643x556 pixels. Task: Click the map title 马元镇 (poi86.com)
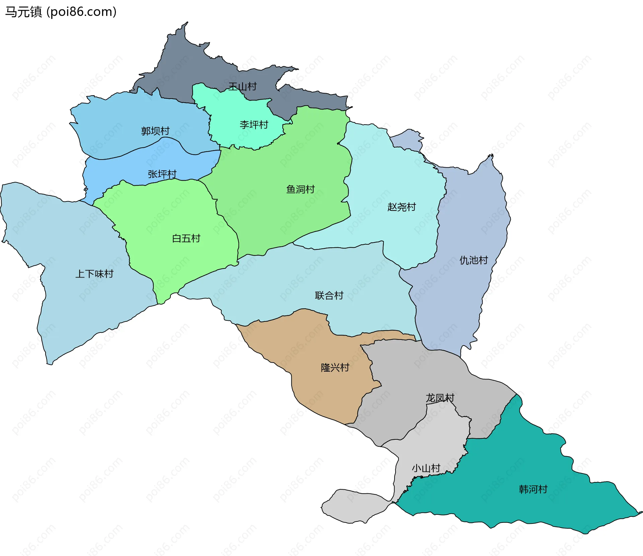point(61,12)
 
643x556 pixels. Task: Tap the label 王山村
point(242,86)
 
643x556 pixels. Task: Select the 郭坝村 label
point(155,131)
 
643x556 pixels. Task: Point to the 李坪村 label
point(254,125)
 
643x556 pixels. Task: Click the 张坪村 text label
point(162,174)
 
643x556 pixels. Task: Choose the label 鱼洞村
point(300,189)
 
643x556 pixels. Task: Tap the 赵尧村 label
point(402,207)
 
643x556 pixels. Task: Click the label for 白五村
point(186,238)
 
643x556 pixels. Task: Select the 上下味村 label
point(94,274)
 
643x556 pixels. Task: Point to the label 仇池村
point(474,260)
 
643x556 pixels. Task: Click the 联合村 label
point(329,295)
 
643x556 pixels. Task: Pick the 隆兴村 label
point(335,368)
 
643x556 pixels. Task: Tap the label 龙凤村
point(440,398)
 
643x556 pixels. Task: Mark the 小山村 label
point(426,468)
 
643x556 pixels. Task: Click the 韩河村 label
point(533,489)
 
